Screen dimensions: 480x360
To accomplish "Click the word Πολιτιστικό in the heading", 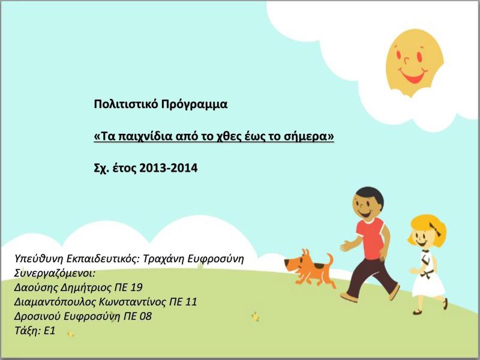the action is pyautogui.click(x=126, y=104).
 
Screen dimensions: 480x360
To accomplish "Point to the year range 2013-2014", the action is pyautogui.click(x=169, y=168).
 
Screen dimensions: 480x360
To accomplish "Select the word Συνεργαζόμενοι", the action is pyautogui.click(x=55, y=273).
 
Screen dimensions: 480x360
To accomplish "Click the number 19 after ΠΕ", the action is pyautogui.click(x=136, y=287).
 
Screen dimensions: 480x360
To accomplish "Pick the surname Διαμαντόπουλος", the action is pyautogui.click(x=55, y=302).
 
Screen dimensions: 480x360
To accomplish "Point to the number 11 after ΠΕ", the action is pyautogui.click(x=191, y=302).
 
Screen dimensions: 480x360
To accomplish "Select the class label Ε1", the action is pyautogui.click(x=49, y=331).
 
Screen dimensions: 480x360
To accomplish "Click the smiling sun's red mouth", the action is pyautogui.click(x=413, y=76).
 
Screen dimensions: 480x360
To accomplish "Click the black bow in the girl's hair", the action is pyautogui.click(x=436, y=229).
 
